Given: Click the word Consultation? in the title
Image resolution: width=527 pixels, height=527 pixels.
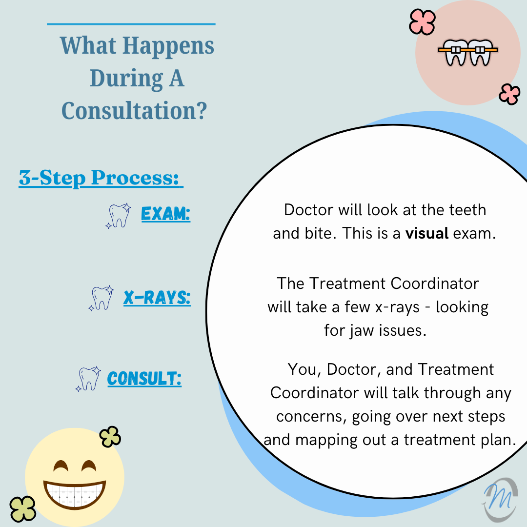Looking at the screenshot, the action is tap(134, 111).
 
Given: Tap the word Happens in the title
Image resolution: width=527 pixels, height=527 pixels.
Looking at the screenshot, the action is tap(168, 46).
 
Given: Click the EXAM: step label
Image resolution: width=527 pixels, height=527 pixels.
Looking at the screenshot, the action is tap(166, 214).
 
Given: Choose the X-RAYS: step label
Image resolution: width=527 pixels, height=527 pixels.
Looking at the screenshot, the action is tap(157, 298).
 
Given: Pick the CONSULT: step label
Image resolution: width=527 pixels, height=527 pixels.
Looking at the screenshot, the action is tap(144, 379).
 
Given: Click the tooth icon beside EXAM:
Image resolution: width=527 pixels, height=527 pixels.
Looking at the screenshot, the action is tap(118, 216).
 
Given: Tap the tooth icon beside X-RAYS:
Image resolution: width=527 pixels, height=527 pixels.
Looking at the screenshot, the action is tap(101, 298).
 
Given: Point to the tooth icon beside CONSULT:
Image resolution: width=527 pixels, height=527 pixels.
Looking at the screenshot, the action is tap(88, 379).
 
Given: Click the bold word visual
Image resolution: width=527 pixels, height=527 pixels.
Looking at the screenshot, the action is tap(427, 233).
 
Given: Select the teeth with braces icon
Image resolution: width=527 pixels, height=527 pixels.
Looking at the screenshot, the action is tap(468, 52).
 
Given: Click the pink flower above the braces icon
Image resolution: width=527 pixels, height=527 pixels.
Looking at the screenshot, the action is tap(423, 22).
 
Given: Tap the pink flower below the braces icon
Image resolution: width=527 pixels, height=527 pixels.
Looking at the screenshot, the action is tap(509, 94).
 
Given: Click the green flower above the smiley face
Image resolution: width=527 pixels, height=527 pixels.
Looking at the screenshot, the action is tap(110, 437).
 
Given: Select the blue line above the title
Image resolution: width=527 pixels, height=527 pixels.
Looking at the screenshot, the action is tap(131, 24).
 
